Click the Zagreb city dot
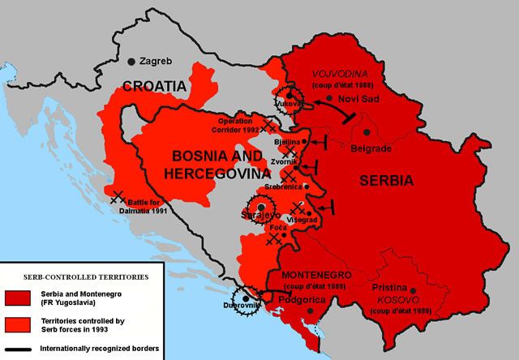point(132,61)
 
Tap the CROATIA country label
point(155,86)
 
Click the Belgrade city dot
point(367,131)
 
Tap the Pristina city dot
point(413,290)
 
